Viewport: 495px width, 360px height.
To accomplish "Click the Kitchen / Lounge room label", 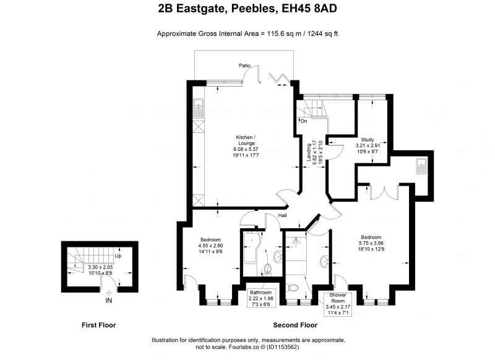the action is (246, 140).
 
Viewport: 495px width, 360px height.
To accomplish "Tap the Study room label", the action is (368, 139).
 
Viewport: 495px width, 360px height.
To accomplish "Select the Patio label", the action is (244, 66).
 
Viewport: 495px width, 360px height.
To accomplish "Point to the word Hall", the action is (282, 215).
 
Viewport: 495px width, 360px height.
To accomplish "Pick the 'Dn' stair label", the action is (304, 121).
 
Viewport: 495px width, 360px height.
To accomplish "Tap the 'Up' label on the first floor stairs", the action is (118, 256).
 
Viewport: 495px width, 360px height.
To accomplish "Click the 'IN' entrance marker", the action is (109, 301).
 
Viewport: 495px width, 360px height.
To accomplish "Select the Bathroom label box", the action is (260, 298).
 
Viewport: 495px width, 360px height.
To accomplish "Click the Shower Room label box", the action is (338, 304).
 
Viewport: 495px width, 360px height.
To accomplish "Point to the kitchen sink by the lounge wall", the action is (199, 108).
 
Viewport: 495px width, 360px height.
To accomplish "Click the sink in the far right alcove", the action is (421, 166).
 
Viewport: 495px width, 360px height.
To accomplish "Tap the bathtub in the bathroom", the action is (252, 248).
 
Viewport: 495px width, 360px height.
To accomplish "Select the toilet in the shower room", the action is (292, 288).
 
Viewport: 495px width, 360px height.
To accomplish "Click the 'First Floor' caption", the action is (99, 325).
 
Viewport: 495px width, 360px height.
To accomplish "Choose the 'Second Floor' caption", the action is (295, 325).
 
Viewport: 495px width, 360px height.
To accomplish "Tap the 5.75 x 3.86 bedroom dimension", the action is (371, 243).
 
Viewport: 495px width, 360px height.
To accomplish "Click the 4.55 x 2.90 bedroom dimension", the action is (210, 246).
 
